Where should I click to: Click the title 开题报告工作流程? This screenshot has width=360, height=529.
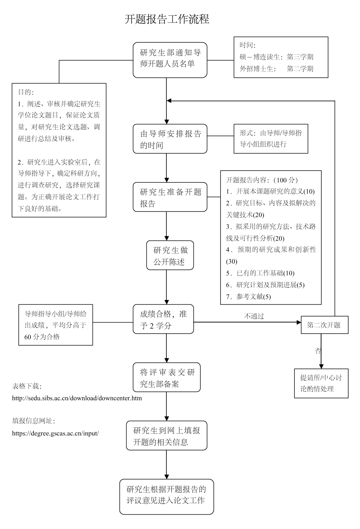167,19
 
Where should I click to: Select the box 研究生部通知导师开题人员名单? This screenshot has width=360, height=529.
170,60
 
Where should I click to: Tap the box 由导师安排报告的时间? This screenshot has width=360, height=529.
170,139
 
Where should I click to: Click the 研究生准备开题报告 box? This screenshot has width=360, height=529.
170,197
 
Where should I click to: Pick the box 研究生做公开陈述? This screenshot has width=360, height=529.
170,255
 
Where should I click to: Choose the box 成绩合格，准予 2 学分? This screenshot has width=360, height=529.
163,319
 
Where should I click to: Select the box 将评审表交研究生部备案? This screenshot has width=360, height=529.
166,377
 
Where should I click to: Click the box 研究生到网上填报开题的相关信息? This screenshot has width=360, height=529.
166,435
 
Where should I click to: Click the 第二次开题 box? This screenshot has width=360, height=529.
325,325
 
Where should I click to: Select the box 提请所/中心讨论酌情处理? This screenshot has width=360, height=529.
321,383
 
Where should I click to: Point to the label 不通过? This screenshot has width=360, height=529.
254,316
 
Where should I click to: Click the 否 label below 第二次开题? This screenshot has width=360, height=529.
318,351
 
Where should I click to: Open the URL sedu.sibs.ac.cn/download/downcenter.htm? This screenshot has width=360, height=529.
77,398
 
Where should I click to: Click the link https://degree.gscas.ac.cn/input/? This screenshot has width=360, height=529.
55,433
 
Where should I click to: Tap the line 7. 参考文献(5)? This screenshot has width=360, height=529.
248,297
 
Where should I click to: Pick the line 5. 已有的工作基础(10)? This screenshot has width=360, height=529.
260,273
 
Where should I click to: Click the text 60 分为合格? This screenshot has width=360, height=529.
42,337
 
